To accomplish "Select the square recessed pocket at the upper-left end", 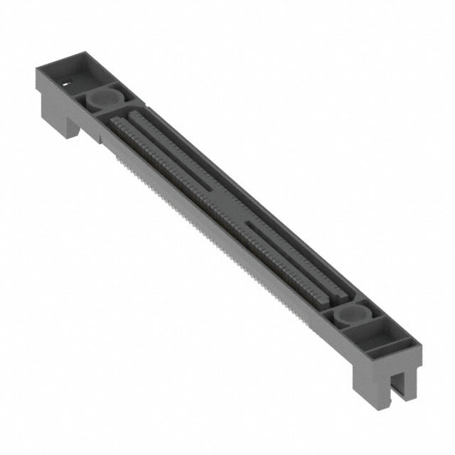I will pyautogui.click(x=77, y=71).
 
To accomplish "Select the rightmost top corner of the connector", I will pyautogui.click(x=422, y=348).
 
